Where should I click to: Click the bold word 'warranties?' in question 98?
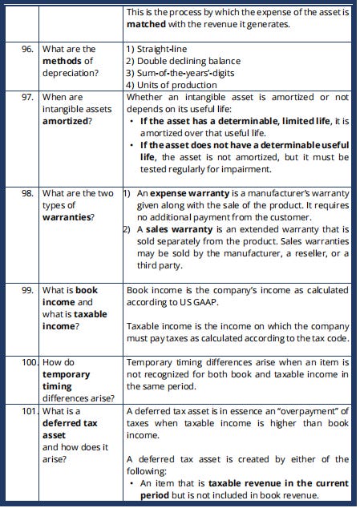click(68, 217)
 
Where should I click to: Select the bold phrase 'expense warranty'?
click(189, 193)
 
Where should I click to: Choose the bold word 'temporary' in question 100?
click(67, 375)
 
